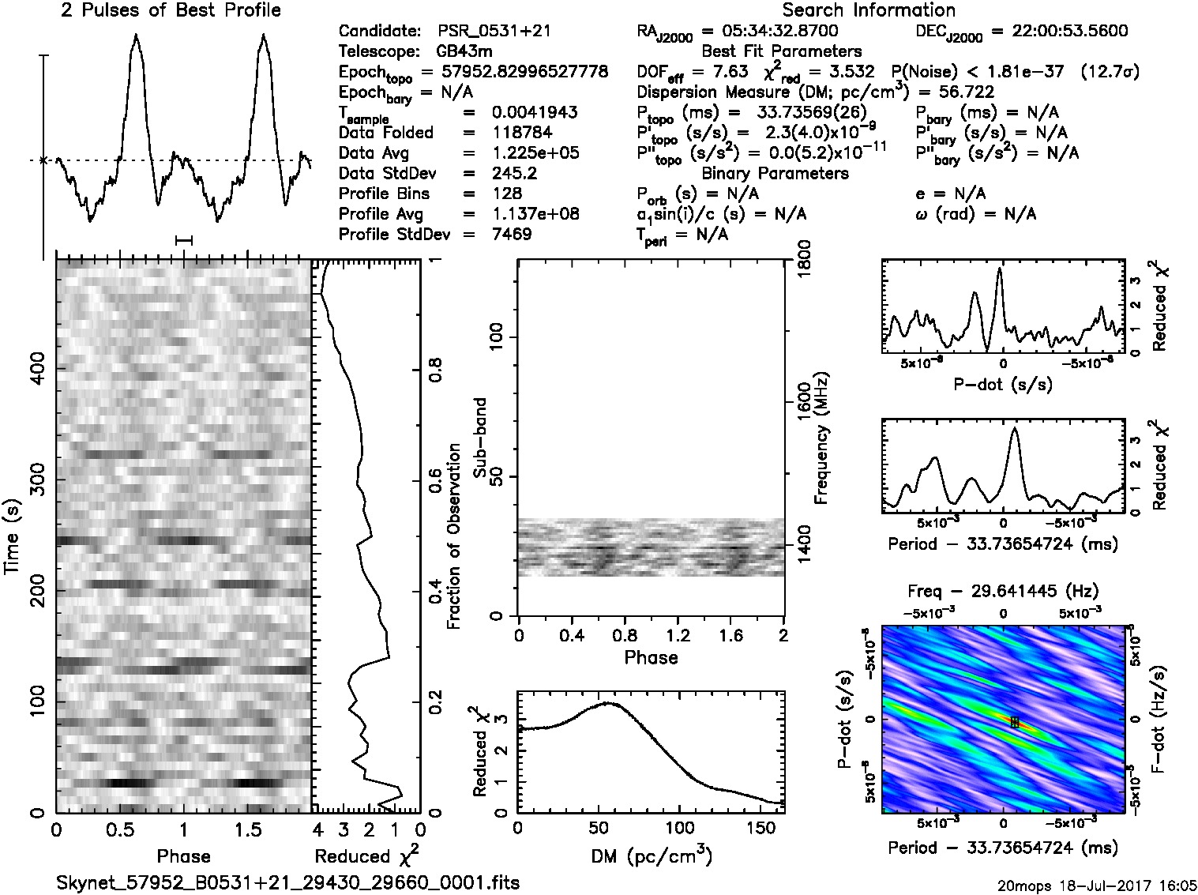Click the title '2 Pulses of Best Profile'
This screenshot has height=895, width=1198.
(171, 10)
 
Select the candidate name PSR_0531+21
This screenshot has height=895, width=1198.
(494, 32)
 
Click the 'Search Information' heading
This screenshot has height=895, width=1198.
(868, 10)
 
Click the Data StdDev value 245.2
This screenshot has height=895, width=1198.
(513, 174)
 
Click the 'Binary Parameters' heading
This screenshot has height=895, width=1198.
(775, 173)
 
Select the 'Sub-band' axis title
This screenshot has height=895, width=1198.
(481, 437)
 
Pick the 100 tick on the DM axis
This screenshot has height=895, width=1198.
(680, 829)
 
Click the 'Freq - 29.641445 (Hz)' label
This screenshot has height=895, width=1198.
(1003, 591)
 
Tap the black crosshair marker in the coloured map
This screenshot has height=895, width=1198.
(1015, 721)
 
